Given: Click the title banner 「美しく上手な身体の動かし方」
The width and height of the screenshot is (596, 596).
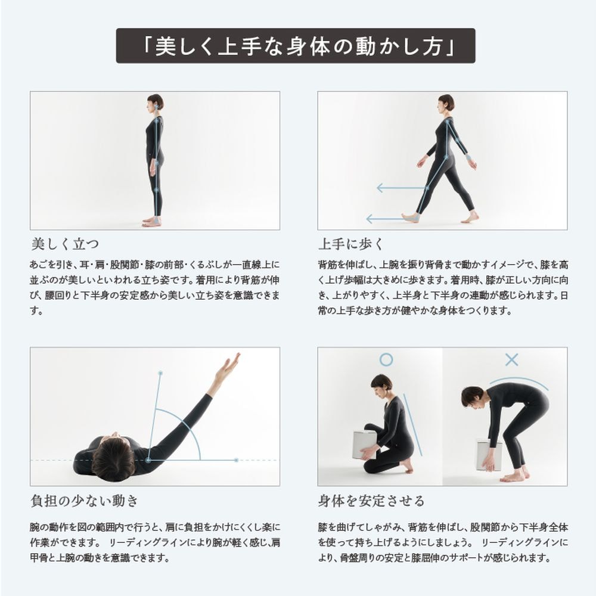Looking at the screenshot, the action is pos(296,46).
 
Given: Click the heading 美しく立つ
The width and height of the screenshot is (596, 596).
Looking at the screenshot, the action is pos(65,244).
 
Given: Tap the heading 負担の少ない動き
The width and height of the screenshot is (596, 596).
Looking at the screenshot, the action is pos(85,501).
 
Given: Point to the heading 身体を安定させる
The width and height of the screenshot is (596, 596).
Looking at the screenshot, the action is pos(371,501).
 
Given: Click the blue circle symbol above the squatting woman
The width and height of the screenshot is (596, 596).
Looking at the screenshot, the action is pos(386,359).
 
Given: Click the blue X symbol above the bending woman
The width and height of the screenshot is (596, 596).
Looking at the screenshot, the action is pos(511,359).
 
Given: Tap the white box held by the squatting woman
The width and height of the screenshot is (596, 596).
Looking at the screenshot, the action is pos(365,445).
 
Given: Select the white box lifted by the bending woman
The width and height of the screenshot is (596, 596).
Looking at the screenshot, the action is pos(489,455).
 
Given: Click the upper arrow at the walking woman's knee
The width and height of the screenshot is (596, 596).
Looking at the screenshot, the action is pos(401,188).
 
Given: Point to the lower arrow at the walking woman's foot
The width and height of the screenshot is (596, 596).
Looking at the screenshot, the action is pos(385,219).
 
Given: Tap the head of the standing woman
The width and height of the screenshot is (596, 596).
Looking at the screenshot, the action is pos(156,103).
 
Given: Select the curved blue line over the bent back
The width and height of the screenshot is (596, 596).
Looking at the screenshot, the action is pos(519,383).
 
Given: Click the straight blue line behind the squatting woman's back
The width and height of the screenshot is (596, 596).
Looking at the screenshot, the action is pos(413,424).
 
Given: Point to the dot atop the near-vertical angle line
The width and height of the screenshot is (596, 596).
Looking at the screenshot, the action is pos(160,373).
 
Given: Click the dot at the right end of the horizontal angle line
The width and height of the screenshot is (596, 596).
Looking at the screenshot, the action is pos(236,460).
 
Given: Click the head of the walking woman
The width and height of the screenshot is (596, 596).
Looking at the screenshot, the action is pos(445,103).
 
